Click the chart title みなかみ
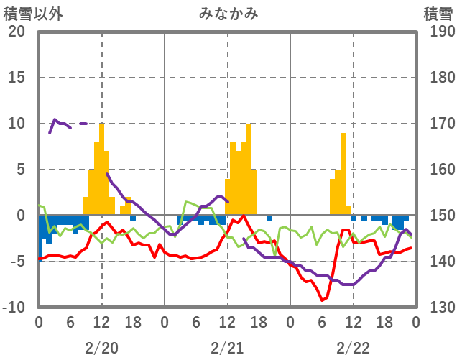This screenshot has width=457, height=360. [x=228, y=12]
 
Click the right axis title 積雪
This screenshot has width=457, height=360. [x=438, y=12]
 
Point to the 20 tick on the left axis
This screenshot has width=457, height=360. [x=17, y=32]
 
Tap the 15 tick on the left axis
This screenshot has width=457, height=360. [x=17, y=78]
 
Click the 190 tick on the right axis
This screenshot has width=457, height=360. [x=438, y=32]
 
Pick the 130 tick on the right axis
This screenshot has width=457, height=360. [x=438, y=308]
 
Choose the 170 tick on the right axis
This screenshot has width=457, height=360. [x=438, y=124]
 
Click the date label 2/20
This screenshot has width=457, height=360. [x=101, y=348]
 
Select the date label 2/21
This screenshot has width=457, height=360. [x=228, y=348]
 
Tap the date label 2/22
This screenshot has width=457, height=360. [x=354, y=348]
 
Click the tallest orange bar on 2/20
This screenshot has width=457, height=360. [x=101, y=169]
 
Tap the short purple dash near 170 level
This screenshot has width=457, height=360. [x=83, y=124]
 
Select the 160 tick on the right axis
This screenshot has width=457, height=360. [x=438, y=170]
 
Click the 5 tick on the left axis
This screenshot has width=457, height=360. [x=20, y=170]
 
